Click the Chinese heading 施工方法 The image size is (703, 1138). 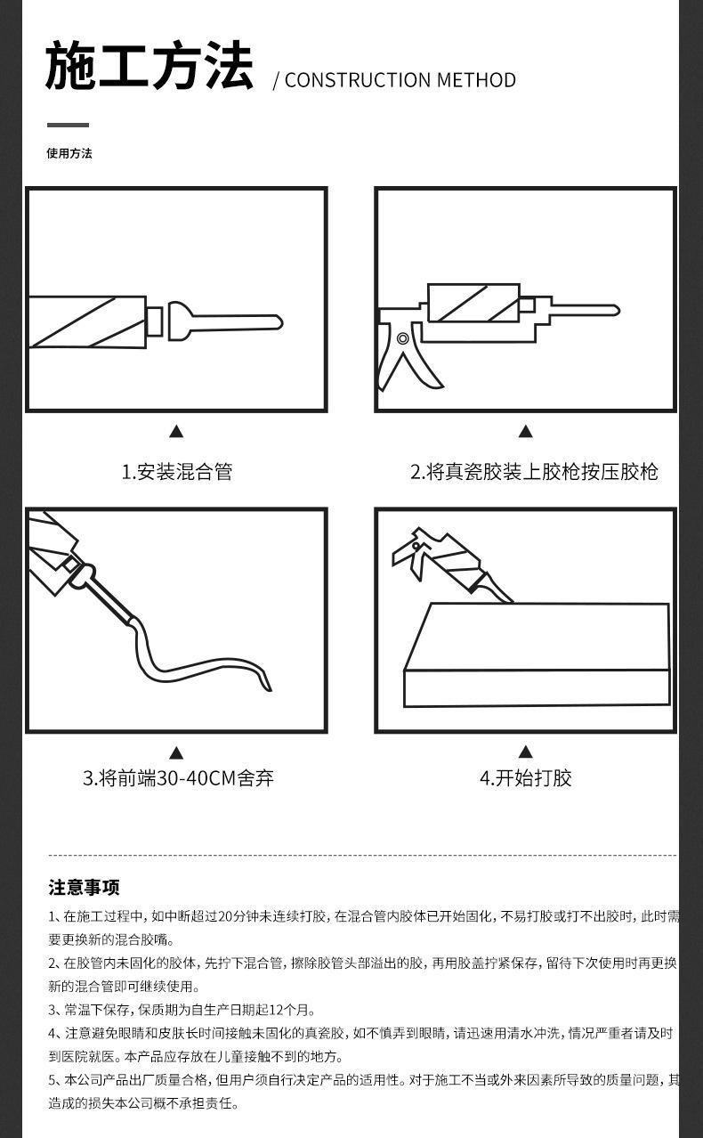(x=149, y=66)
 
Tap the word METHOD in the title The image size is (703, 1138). (x=476, y=80)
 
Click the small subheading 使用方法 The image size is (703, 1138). (x=69, y=153)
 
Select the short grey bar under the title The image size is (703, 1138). (x=68, y=125)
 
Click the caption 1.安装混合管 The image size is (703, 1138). (x=176, y=472)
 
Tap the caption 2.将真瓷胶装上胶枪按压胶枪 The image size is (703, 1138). (x=534, y=472)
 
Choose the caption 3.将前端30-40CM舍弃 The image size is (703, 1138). (x=178, y=777)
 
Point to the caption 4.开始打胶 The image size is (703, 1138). (x=526, y=777)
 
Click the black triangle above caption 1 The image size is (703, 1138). (x=176, y=432)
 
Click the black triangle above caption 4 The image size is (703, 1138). (x=526, y=752)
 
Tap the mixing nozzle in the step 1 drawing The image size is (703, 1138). (x=225, y=322)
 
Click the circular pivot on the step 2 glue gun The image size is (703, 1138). (x=403, y=338)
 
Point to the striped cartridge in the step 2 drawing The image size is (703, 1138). (x=473, y=303)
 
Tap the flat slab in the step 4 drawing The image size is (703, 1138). (x=537, y=654)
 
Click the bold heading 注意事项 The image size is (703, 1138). (x=85, y=888)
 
